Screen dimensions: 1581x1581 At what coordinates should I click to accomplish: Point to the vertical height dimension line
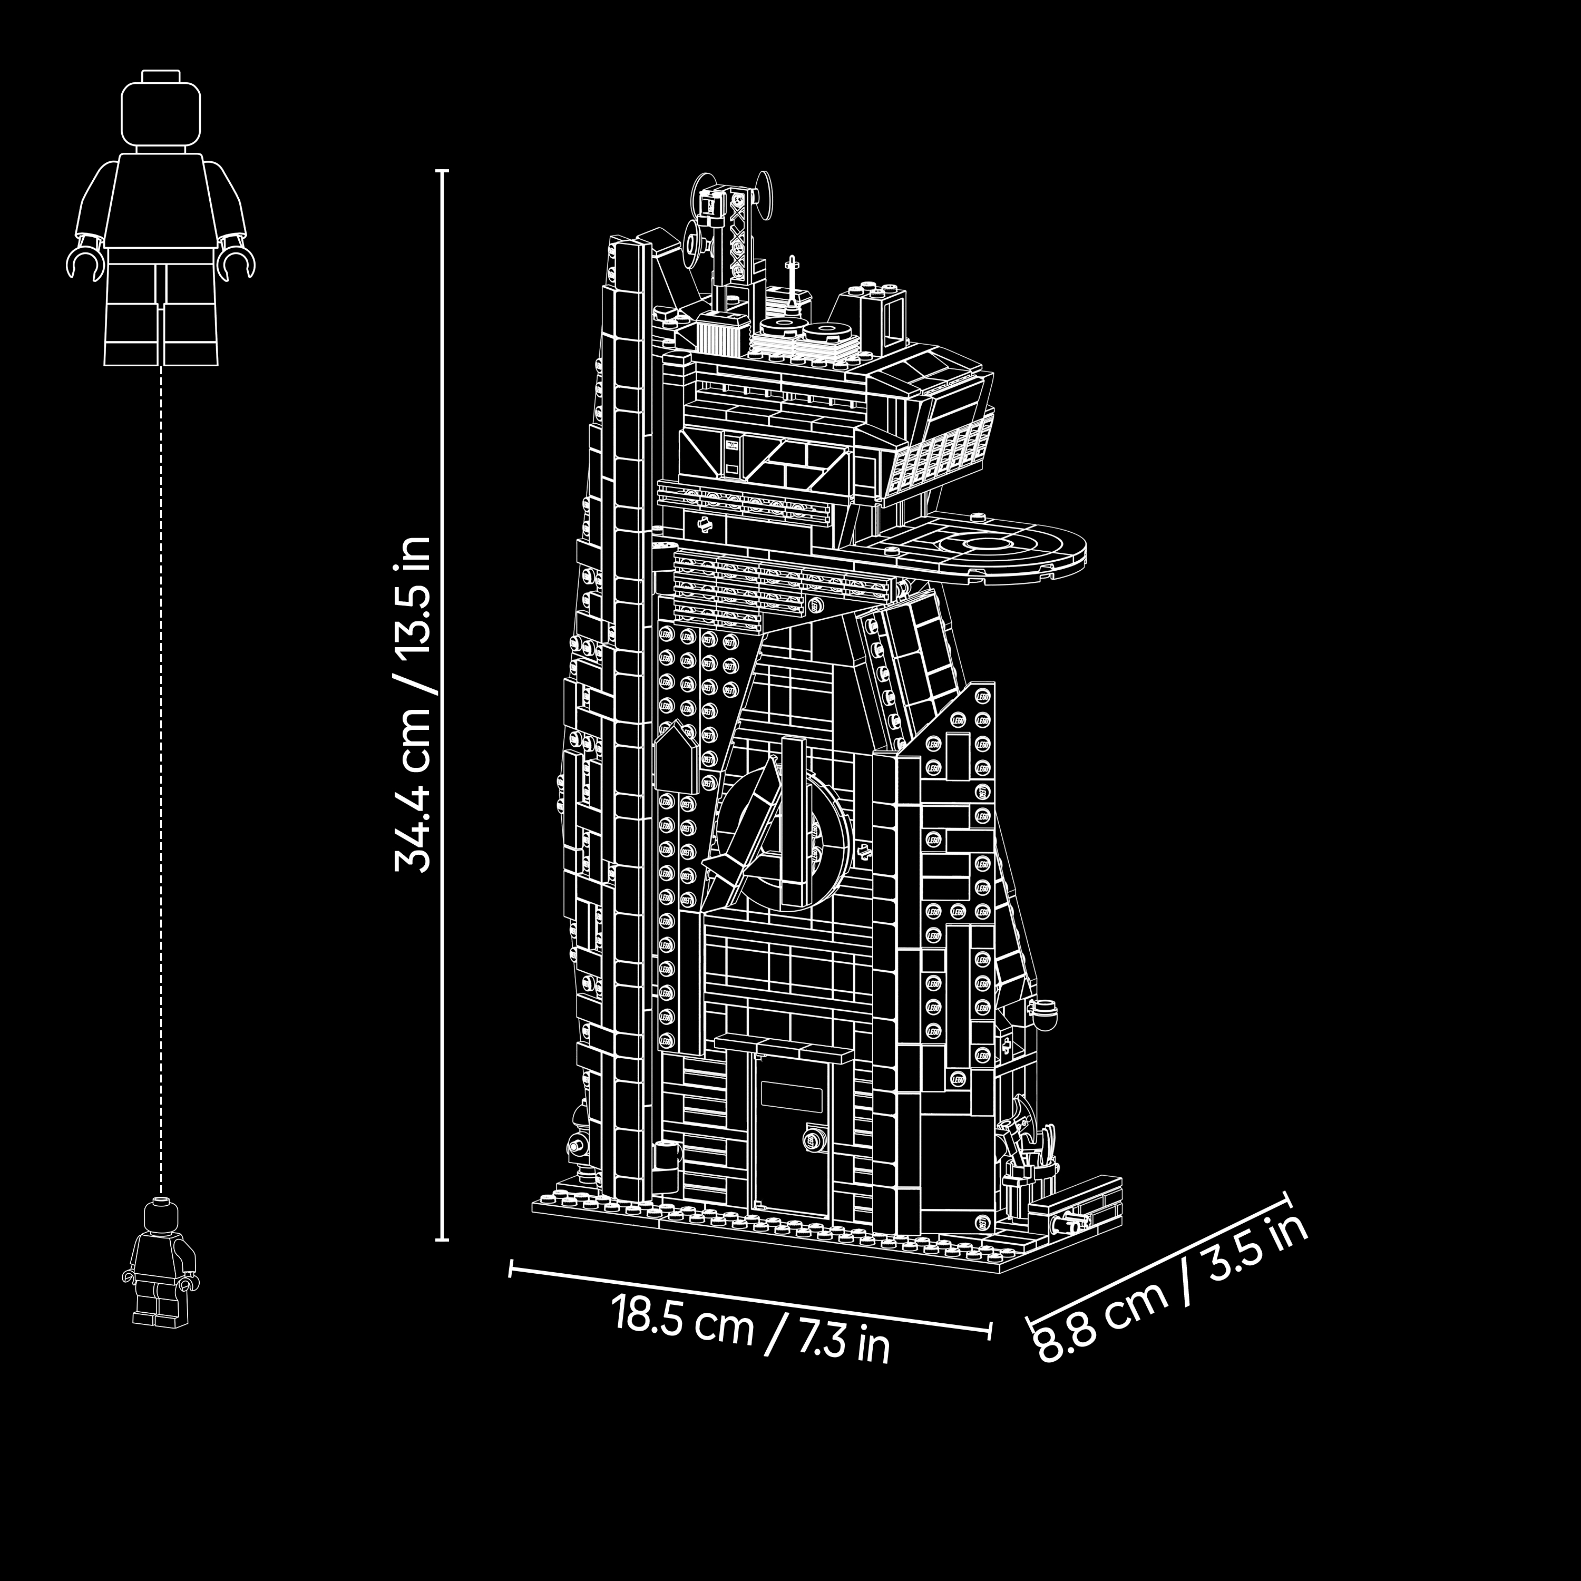(442, 706)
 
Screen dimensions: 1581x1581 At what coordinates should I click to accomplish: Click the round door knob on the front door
(813, 1138)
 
